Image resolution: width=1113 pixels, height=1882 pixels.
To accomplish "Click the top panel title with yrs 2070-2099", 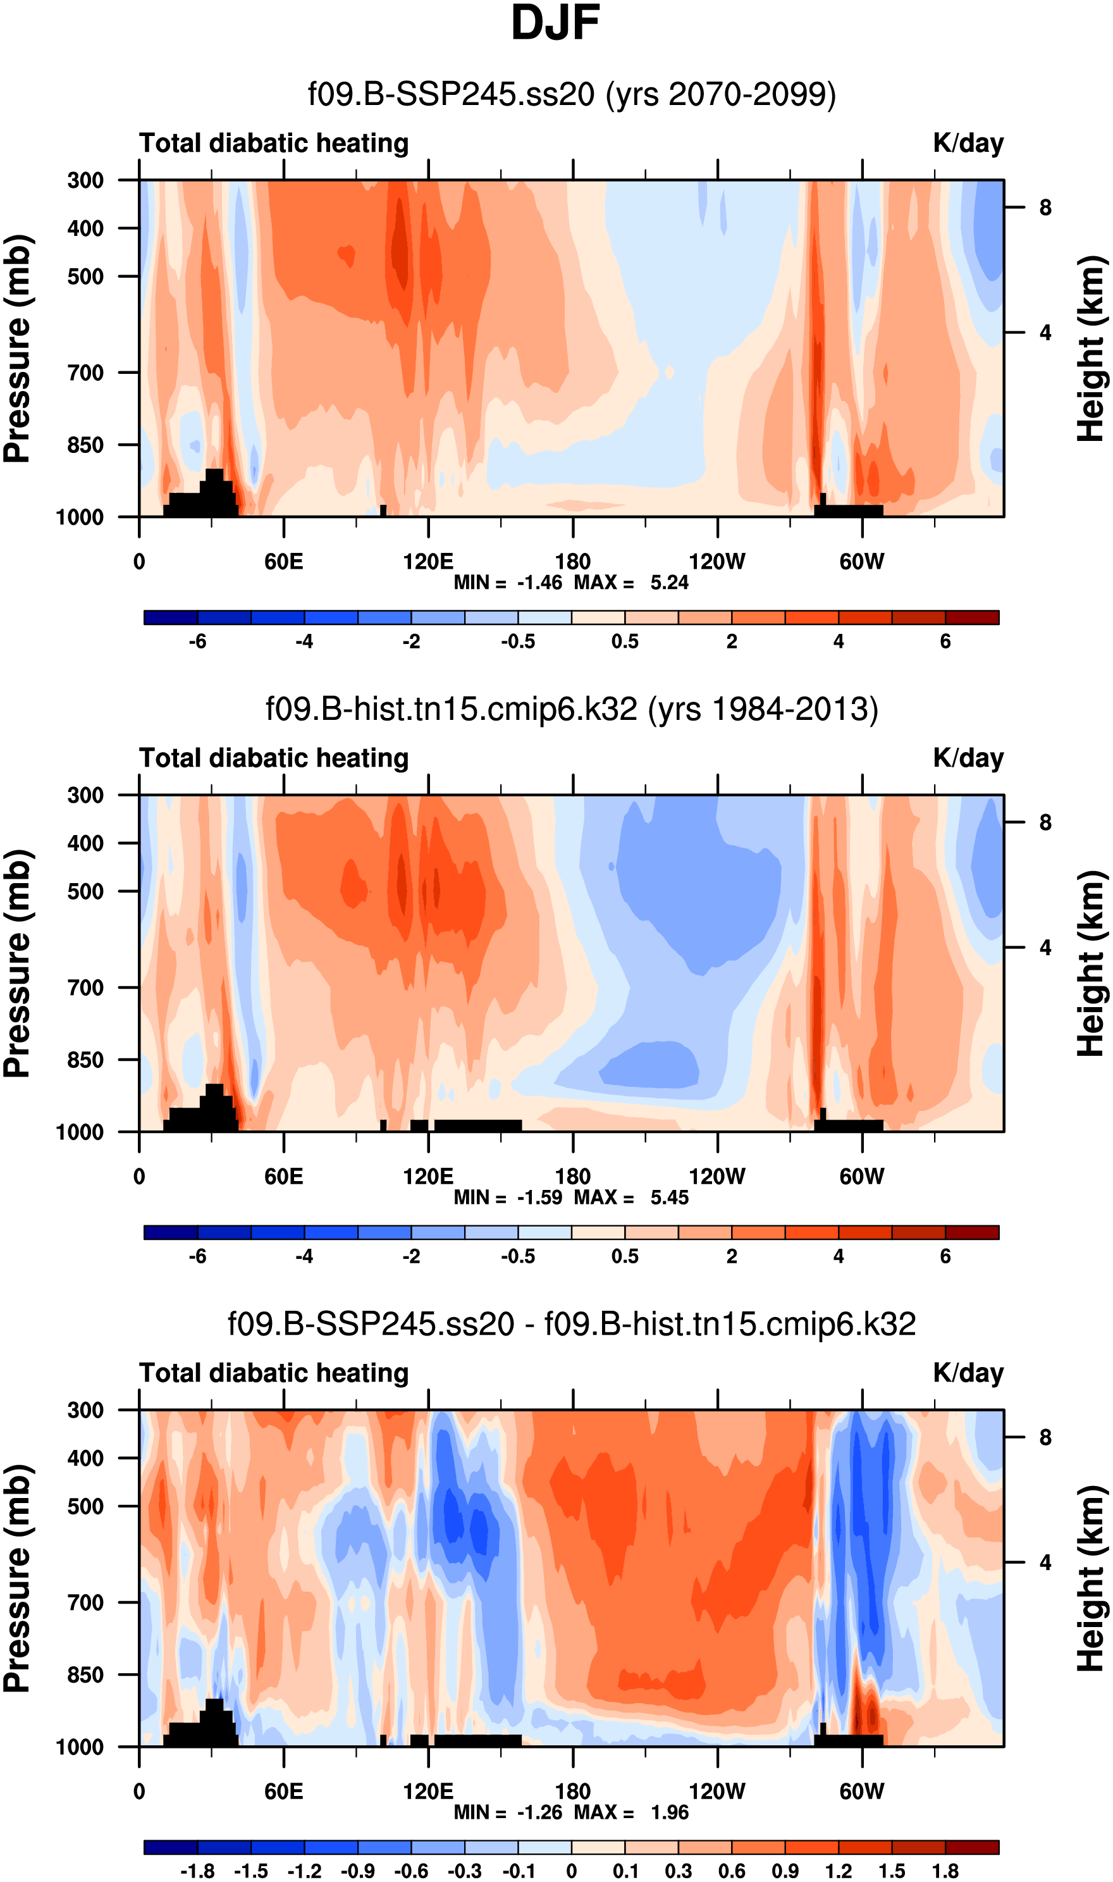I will point(572,94).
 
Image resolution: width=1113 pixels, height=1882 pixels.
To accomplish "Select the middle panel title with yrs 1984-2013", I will point(572,709).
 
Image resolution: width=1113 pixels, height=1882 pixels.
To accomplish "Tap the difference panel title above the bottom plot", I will point(572,1324).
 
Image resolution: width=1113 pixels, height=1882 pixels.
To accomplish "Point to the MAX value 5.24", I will point(669,583).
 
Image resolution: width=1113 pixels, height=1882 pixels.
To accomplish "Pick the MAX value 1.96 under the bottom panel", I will point(669,1812).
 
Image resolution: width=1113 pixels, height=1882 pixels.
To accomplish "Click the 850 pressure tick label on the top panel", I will point(85,445).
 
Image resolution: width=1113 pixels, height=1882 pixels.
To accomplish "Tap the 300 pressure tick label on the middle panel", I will point(85,795).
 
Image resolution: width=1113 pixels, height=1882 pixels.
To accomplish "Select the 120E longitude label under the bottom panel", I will point(428,1792).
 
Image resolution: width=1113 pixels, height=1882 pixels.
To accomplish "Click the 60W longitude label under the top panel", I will point(862,561).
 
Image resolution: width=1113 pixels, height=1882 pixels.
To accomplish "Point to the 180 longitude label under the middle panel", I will point(573,1176).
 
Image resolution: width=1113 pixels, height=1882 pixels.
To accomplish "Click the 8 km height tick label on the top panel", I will point(1045,207).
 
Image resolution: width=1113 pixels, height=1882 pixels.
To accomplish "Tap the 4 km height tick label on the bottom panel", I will point(1045,1563).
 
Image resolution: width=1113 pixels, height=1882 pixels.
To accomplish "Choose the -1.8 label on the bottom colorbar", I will point(197,1871).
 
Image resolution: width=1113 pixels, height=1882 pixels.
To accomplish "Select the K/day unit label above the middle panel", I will point(968,758).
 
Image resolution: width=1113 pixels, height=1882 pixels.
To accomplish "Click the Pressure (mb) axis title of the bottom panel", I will point(16,1578).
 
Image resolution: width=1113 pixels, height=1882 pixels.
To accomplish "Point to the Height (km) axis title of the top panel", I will point(1091,349).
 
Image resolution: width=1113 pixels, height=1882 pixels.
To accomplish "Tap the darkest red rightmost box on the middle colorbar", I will point(972,1232).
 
